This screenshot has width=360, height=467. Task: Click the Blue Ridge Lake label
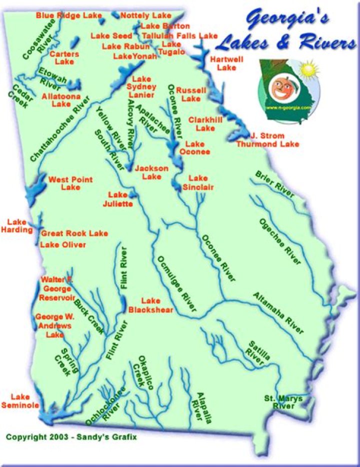coord(68,15)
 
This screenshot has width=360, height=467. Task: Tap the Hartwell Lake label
coord(226,63)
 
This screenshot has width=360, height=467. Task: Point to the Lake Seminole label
coord(20,400)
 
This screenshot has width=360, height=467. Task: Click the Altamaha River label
coord(278,313)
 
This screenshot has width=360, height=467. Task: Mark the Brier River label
coord(274,184)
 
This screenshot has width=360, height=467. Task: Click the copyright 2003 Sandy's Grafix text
coord(71,436)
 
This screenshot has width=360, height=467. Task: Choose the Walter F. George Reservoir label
coord(57,289)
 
